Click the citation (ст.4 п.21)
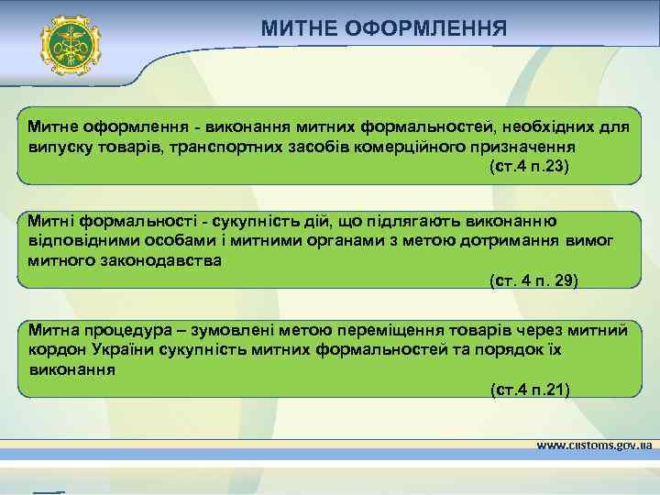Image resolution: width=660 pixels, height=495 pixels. [530, 390]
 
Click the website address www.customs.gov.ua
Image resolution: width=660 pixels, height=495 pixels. [593, 445]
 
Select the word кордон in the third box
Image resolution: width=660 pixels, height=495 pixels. [52, 349]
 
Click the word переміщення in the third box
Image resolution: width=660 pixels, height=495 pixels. [390, 329]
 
